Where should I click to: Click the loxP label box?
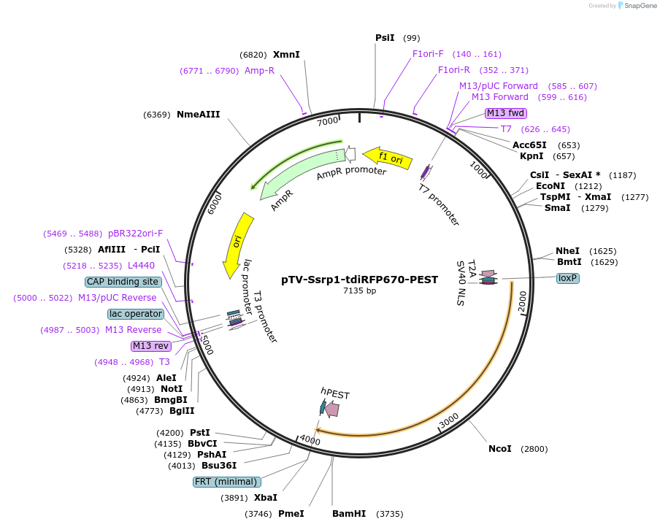coord(567,278)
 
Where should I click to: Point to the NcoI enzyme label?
coord(500,448)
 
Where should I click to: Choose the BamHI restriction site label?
coord(349,514)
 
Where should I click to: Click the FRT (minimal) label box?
coord(226,482)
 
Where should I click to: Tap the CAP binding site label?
coord(123,282)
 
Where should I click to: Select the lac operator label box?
coord(135,314)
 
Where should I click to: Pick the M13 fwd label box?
coord(506,112)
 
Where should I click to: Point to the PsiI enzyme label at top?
coord(385,38)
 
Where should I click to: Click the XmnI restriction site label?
coord(286,55)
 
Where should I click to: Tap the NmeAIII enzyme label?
coord(198,115)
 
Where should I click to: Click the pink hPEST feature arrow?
coord(333,409)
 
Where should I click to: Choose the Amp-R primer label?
coord(259,71)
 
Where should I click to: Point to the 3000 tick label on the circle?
coord(448,421)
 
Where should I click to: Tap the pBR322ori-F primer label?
coord(135,234)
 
